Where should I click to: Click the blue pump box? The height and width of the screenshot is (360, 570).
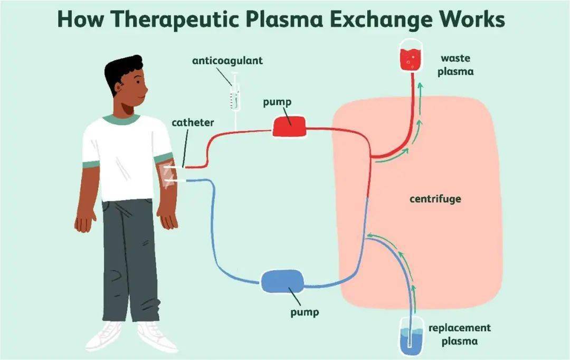(282, 280)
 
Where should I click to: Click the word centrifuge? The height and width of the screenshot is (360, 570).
(435, 199)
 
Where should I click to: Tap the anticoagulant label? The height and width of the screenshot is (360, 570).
(227, 61)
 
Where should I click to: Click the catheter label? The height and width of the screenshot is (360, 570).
(193, 122)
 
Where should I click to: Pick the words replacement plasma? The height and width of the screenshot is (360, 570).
(459, 334)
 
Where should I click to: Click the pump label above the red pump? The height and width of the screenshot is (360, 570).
(277, 101)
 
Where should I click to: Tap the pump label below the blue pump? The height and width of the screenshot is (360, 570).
(305, 311)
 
